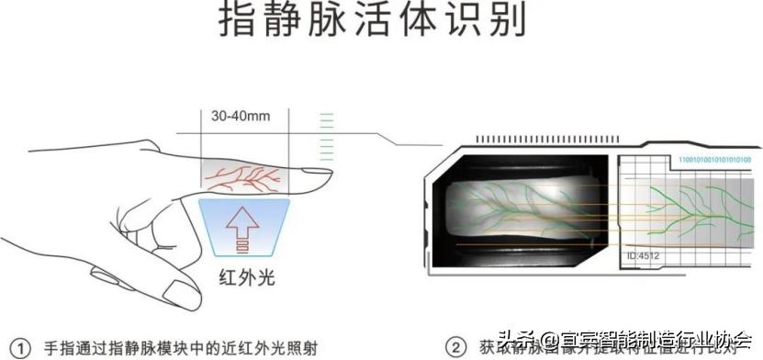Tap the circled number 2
(x=455, y=348)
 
